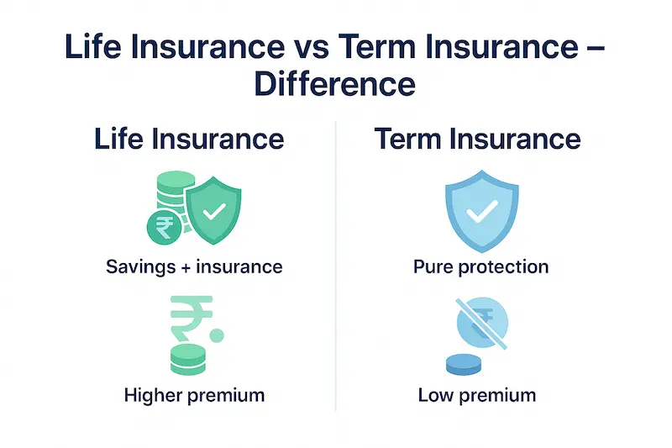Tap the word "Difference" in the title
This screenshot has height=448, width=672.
tap(335, 86)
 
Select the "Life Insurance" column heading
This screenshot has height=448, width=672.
tap(188, 139)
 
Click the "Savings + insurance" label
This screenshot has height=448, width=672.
tap(194, 267)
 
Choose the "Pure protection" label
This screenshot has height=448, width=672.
tap(480, 267)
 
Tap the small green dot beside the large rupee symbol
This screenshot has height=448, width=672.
tap(218, 335)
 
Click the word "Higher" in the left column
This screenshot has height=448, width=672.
tap(153, 394)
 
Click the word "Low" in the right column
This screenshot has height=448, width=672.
tap(434, 394)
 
